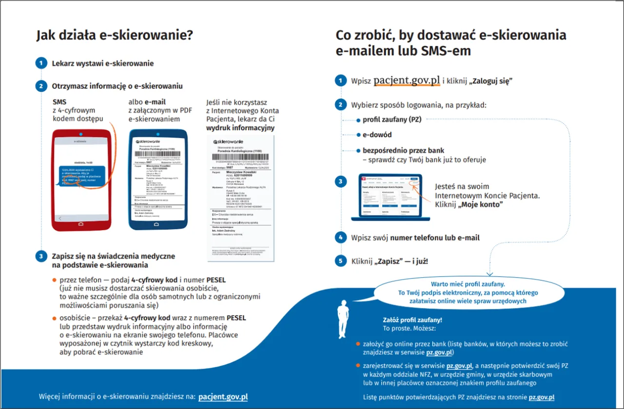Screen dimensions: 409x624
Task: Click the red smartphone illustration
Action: tap(81, 180)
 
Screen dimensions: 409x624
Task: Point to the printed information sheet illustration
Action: tap(240, 198)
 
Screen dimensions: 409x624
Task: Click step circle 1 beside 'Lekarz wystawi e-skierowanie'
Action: tap(41, 63)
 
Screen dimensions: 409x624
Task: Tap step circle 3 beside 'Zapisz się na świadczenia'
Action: tap(41, 256)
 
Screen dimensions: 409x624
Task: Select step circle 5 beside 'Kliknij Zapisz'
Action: tap(340, 261)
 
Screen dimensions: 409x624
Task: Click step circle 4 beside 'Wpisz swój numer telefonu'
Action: tap(340, 238)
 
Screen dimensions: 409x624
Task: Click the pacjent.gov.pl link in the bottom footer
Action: tap(223, 396)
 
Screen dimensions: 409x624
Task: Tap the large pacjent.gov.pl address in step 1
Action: tap(407, 81)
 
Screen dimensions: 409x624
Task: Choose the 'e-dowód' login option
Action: tap(377, 135)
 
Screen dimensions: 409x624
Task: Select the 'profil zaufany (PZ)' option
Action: tap(391, 120)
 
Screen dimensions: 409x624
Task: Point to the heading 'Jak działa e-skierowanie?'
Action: tap(115, 36)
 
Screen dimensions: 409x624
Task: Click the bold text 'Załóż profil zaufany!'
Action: tap(412, 320)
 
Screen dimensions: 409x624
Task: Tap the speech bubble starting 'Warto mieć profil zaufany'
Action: tap(468, 292)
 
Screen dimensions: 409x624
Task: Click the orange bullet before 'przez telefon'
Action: tap(55, 280)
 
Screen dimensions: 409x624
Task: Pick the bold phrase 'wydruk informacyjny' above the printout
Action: tap(240, 128)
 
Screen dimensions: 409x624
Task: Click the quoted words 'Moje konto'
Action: tap(480, 204)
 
